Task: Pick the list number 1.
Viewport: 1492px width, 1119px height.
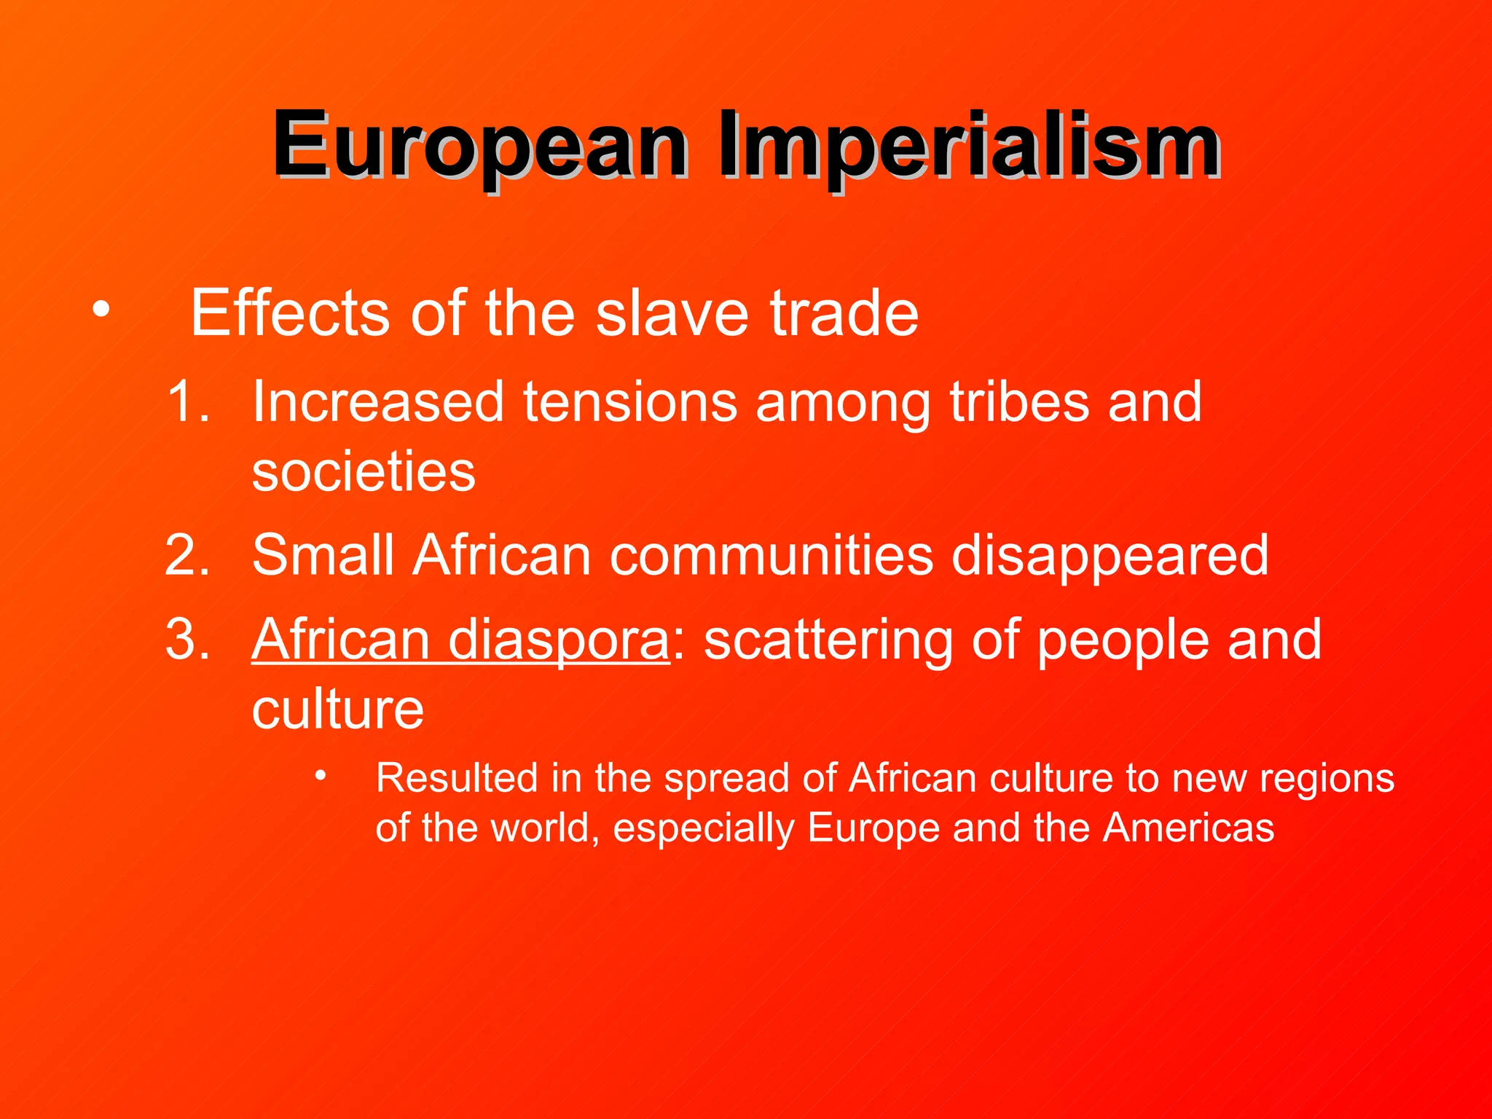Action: [x=187, y=401]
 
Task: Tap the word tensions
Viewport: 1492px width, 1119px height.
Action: [x=630, y=401]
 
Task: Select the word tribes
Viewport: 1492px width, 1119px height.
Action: [x=1019, y=401]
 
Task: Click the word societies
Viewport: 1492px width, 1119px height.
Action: [x=364, y=471]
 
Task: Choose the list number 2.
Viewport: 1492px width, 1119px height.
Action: [x=187, y=555]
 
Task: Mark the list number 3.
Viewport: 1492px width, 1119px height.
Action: [x=187, y=640]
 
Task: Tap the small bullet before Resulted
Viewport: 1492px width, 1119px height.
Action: [x=321, y=776]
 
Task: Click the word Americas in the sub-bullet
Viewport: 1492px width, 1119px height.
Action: [x=1188, y=828]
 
